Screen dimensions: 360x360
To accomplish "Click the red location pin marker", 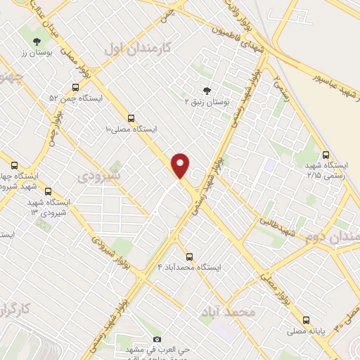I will pos(181,165).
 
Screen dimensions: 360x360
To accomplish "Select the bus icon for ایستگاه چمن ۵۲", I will pos(75,87).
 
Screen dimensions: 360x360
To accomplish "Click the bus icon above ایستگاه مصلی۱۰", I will pos(131,119).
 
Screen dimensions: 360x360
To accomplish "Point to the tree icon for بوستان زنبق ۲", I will pos(206,91).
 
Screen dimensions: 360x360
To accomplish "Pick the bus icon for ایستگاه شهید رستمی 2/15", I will pos(326,155).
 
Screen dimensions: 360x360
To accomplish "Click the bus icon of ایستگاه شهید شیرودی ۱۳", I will pos(48,191).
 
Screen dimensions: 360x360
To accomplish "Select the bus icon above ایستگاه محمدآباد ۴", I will pos(188,256).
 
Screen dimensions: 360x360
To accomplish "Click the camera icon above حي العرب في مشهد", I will pos(157,340).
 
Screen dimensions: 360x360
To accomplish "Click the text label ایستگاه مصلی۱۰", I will pos(131,130).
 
